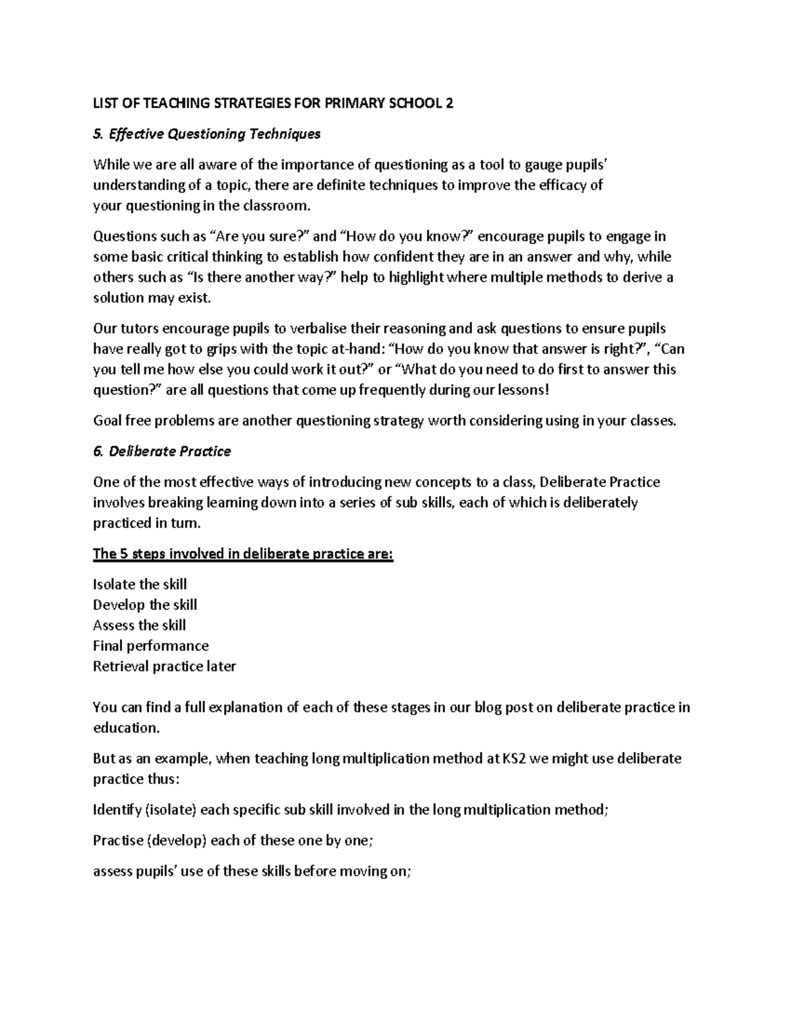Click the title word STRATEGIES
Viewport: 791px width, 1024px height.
tap(249, 104)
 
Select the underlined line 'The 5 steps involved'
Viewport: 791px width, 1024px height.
tap(243, 554)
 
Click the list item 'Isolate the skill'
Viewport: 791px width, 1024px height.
tap(140, 584)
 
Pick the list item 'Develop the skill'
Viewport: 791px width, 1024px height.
tap(145, 605)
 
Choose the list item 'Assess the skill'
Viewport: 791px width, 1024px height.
tap(139, 625)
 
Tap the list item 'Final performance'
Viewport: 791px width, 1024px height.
tap(151, 646)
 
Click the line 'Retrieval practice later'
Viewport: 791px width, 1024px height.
tap(164, 666)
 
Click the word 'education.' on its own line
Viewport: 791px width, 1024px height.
tap(126, 728)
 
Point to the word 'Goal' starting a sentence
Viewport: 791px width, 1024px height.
tap(107, 421)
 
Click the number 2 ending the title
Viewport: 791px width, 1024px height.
tap(450, 104)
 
